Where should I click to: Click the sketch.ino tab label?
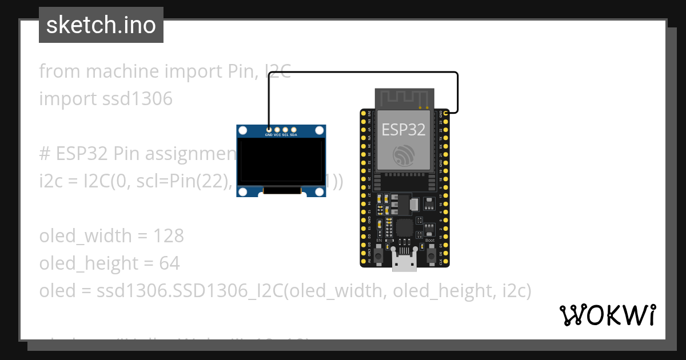pos(101,25)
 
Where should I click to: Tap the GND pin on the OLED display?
pos(269,130)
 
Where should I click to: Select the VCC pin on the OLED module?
pos(277,130)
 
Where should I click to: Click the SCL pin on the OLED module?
pos(285,130)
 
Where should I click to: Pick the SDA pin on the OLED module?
pos(294,130)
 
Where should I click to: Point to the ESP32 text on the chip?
pos(404,129)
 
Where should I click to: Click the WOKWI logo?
pos(607,315)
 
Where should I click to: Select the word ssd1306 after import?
pos(137,99)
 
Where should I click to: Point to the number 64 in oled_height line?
pos(170,263)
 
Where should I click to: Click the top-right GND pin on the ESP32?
pos(446,114)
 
